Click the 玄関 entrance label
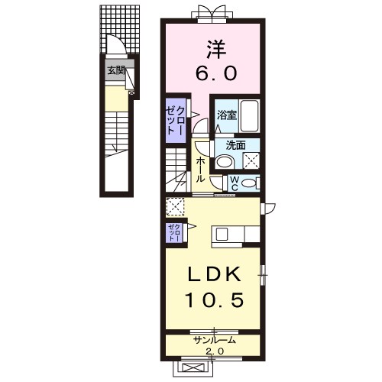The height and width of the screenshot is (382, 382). pyautogui.click(x=115, y=70)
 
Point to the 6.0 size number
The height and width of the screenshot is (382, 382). pyautogui.click(x=216, y=73)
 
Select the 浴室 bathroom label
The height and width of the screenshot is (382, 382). pyautogui.click(x=227, y=115)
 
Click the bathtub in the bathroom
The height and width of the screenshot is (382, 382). pyautogui.click(x=250, y=116)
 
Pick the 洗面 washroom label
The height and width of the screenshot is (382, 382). pyautogui.click(x=236, y=145)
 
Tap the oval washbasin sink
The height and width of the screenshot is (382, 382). pyautogui.click(x=225, y=162)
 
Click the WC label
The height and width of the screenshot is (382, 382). pyautogui.click(x=235, y=184)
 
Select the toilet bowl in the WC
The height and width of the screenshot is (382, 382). pyautogui.click(x=249, y=183)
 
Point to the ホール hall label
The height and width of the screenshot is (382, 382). pyautogui.click(x=201, y=170)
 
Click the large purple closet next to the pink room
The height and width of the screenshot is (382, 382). pyautogui.click(x=176, y=121)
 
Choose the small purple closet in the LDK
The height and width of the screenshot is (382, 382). pyautogui.click(x=174, y=233)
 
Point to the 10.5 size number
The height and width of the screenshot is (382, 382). pyautogui.click(x=215, y=299)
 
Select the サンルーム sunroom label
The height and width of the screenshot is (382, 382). pyautogui.click(x=214, y=340)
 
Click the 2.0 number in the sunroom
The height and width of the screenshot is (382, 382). pyautogui.click(x=215, y=351)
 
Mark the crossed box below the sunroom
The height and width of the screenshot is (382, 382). pyautogui.click(x=193, y=367)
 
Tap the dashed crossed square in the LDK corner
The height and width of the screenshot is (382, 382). pyautogui.click(x=175, y=207)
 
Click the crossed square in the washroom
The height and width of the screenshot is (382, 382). pyautogui.click(x=251, y=160)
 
